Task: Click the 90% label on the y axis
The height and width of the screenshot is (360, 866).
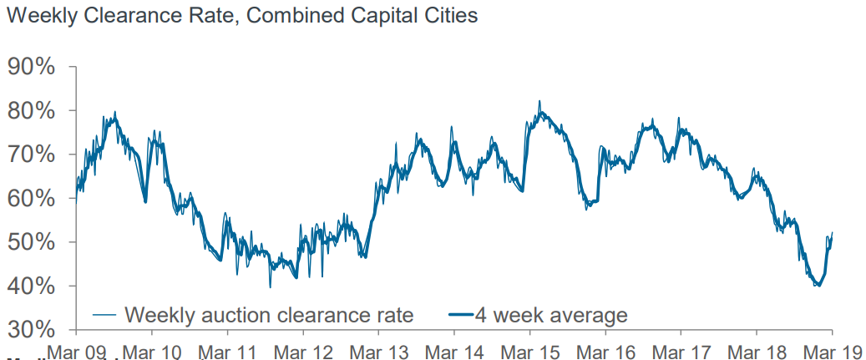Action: click(32, 68)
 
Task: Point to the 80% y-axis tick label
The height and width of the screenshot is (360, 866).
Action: click(32, 111)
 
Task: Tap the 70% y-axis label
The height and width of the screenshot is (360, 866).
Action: click(32, 155)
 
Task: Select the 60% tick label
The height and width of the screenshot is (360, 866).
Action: click(32, 198)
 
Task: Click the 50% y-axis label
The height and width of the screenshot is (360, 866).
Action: click(32, 242)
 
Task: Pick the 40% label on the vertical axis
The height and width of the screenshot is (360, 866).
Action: click(32, 286)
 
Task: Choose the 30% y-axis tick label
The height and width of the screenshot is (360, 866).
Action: click(32, 330)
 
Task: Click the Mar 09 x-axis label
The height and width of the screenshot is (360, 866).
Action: click(76, 351)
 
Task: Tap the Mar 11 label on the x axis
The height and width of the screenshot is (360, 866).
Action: click(227, 351)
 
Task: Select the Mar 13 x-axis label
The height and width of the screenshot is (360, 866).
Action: click(378, 351)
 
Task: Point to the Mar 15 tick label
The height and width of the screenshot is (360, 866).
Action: click(529, 351)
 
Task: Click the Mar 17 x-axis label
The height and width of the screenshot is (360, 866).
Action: click(681, 351)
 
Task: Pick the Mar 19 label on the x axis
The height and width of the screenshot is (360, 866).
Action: click(833, 351)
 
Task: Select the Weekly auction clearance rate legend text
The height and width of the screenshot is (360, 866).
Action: click(269, 315)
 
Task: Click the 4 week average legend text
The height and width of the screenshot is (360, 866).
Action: click(560, 316)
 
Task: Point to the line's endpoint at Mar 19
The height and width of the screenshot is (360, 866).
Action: click(832, 233)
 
